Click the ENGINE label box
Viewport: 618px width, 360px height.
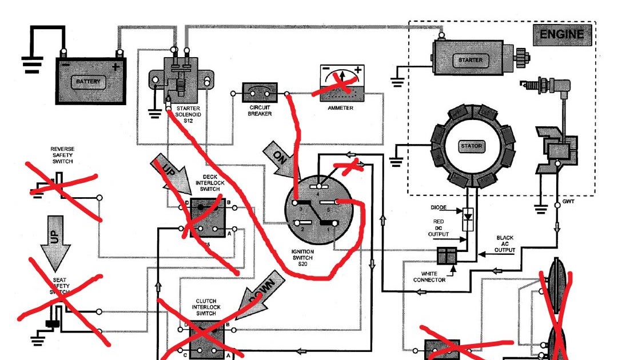pos(562,35)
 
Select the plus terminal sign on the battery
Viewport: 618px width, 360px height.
pos(115,66)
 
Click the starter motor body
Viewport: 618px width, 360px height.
pos(471,59)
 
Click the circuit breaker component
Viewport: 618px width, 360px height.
pos(260,92)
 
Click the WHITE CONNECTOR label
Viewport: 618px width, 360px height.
pos(429,277)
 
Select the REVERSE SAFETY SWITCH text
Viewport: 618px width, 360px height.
pos(62,155)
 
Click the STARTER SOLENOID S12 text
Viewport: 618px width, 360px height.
pos(189,114)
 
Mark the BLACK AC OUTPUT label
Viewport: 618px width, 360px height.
pos(504,244)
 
